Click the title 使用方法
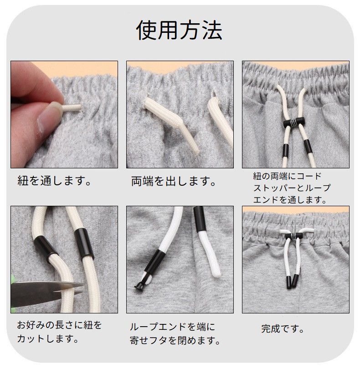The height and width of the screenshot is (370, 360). (x=179, y=30)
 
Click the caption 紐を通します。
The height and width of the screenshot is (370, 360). (x=54, y=181)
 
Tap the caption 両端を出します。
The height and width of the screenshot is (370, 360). (x=174, y=181)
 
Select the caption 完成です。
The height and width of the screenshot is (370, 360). (x=283, y=328)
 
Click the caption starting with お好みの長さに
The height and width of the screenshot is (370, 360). (x=59, y=332)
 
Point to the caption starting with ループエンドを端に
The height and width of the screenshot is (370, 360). (x=175, y=334)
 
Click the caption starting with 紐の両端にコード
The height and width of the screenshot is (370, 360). (x=292, y=188)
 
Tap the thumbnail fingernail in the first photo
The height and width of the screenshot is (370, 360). (x=48, y=117)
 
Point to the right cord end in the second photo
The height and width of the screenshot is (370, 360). (x=221, y=120)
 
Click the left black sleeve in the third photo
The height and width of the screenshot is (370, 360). (x=286, y=151)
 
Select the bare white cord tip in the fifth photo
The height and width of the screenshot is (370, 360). (x=210, y=254)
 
